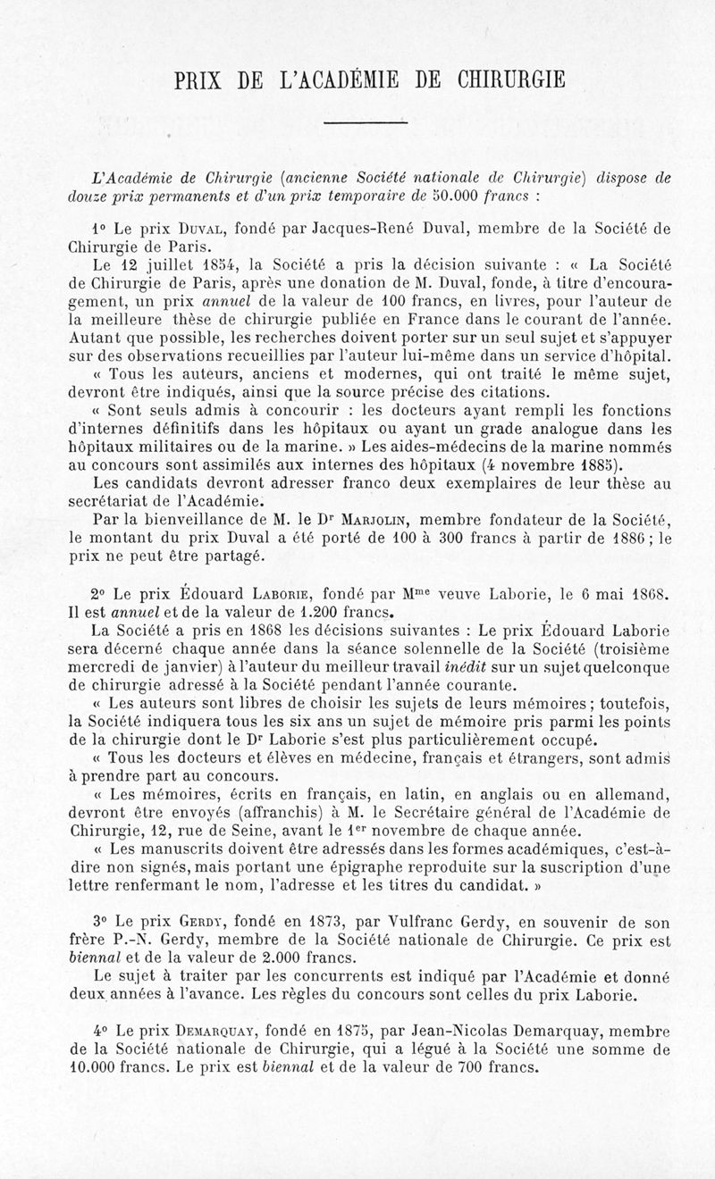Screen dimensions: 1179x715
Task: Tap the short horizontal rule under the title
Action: pos(365,123)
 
